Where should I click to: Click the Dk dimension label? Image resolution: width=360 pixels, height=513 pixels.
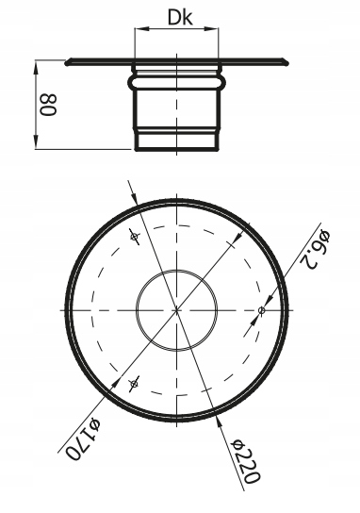(180, 17)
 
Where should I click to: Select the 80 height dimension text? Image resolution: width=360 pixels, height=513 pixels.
(48, 105)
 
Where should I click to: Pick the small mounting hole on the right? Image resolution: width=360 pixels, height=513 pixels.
(262, 310)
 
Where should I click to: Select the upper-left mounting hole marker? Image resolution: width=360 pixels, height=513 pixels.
(134, 236)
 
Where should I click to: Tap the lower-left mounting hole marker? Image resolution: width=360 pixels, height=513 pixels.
(134, 383)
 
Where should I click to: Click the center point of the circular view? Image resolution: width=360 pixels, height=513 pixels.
(176, 310)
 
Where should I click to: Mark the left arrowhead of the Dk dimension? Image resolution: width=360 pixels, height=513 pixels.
(139, 29)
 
